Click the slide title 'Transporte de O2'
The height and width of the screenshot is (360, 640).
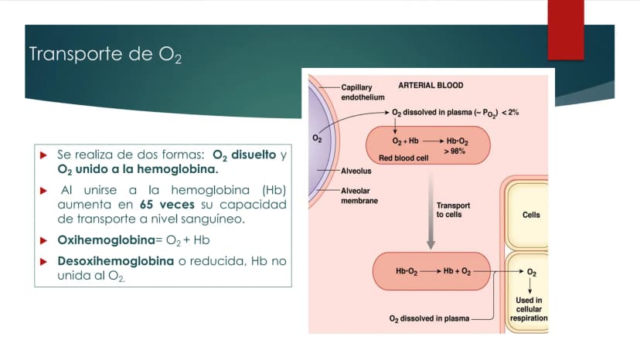click(105, 54)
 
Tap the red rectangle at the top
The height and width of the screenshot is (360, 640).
click(566, 30)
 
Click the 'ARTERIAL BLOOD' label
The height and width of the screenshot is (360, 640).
click(431, 85)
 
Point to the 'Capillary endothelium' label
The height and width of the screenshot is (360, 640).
click(363, 92)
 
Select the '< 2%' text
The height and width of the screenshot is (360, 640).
click(510, 112)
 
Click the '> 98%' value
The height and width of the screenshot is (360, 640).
click(454, 151)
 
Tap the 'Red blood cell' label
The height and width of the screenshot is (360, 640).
click(403, 158)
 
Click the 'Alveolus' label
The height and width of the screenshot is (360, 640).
click(356, 171)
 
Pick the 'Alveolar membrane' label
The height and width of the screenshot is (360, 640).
click(359, 195)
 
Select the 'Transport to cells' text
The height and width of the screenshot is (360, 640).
click(453, 210)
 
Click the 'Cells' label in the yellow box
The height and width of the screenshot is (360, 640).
click(531, 215)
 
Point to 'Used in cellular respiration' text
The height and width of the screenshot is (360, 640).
click(529, 309)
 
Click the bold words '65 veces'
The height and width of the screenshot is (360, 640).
click(167, 204)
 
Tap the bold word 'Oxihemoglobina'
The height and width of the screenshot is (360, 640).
click(106, 240)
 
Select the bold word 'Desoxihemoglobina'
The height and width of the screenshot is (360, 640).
click(115, 261)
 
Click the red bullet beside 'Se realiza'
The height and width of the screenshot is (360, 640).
click(44, 155)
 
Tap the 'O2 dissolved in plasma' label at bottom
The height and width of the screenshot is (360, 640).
click(429, 319)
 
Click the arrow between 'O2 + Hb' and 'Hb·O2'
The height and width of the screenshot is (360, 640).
click(433, 141)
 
